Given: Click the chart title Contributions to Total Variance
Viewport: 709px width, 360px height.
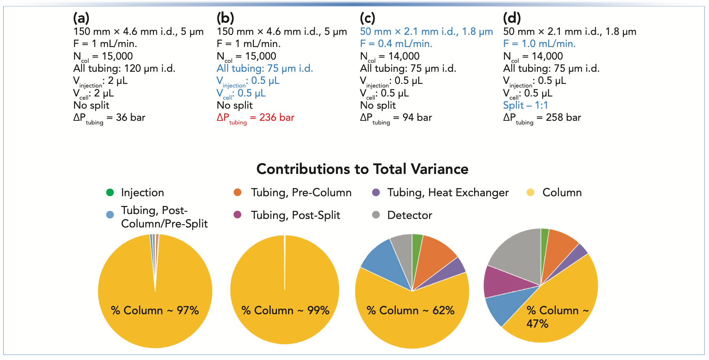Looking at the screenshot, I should (362, 169).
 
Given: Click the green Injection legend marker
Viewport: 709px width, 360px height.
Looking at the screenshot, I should (110, 193).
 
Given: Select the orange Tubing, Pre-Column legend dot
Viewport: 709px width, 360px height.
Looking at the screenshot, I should (238, 193).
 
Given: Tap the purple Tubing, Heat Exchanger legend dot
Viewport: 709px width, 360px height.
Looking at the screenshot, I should (376, 193).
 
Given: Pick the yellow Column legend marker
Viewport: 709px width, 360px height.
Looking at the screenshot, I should (531, 193).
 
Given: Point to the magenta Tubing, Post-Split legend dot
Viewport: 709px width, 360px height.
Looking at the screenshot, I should (238, 215).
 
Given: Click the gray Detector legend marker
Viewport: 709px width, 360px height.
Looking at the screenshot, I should (376, 215).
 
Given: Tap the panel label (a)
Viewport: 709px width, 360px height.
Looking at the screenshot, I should (81, 18).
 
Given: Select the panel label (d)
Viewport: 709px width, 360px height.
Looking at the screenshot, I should (512, 18).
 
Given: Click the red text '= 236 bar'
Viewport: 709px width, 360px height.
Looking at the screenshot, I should (272, 118).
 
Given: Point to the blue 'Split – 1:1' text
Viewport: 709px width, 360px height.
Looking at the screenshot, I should (525, 105).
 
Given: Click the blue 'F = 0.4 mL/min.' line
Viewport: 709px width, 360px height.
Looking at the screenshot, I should (396, 44).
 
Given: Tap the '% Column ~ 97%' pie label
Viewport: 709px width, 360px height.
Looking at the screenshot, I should (155, 311).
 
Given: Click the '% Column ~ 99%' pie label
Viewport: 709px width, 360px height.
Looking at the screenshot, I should (285, 311).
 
